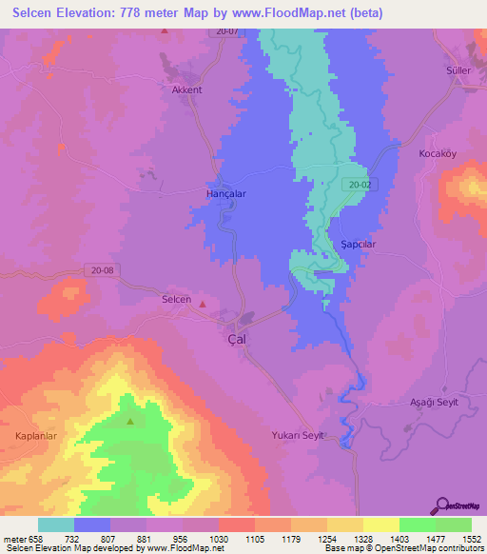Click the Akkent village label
click(x=186, y=90)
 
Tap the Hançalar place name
click(x=226, y=192)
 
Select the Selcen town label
click(x=176, y=300)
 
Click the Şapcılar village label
click(x=359, y=244)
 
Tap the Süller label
click(x=458, y=71)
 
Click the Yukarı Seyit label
click(x=299, y=435)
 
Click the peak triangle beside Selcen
click(x=202, y=305)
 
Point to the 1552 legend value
click(x=459, y=538)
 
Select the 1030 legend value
click(x=218, y=538)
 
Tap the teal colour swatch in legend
click(x=55, y=524)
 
